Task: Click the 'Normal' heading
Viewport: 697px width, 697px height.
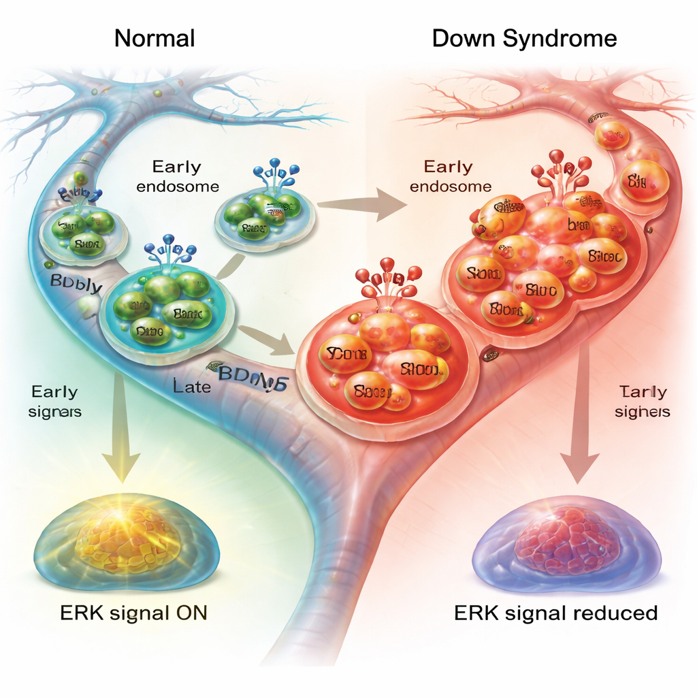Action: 155,38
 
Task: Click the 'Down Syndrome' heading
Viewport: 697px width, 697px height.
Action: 524,38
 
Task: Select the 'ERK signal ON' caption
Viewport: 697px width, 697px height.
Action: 129,613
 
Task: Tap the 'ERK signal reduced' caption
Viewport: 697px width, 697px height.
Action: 555,613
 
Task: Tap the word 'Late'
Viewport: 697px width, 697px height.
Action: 192,388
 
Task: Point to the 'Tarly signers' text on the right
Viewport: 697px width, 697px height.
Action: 643,402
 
